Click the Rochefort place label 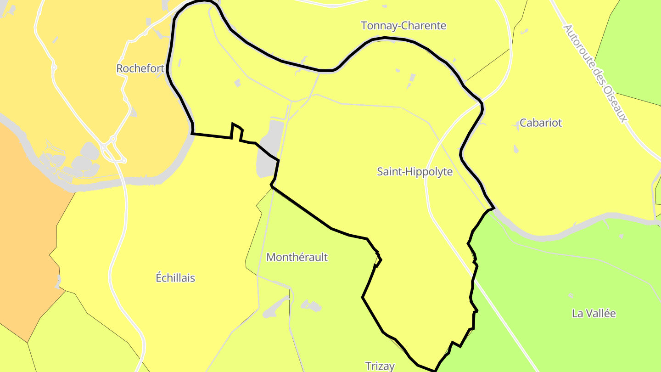(x=140, y=68)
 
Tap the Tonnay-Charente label (x=403, y=26)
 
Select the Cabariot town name (x=540, y=123)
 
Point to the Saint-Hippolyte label (x=415, y=172)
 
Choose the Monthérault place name (x=297, y=257)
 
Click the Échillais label (x=175, y=278)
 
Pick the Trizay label (x=380, y=366)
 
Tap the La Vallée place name (x=593, y=314)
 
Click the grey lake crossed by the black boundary (x=268, y=152)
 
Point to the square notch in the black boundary (x=236, y=131)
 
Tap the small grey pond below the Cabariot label (x=516, y=149)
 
